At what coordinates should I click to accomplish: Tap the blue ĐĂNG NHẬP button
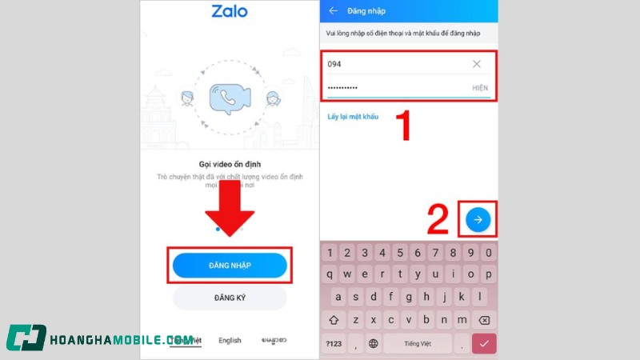pyautogui.click(x=230, y=265)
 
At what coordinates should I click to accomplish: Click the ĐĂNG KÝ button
pyautogui.click(x=230, y=298)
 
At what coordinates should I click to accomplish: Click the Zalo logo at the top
pyautogui.click(x=230, y=12)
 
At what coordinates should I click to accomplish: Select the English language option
pyautogui.click(x=230, y=340)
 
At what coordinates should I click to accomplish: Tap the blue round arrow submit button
pyautogui.click(x=478, y=218)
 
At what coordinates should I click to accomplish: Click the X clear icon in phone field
pyautogui.click(x=477, y=64)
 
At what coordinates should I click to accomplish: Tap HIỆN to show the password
pyautogui.click(x=479, y=87)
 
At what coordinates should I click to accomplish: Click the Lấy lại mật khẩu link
pyautogui.click(x=353, y=117)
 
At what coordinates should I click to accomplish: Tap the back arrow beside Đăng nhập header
pyautogui.click(x=333, y=11)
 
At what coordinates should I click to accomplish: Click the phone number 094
pyautogui.click(x=335, y=64)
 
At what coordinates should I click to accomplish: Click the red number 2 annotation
pyautogui.click(x=438, y=220)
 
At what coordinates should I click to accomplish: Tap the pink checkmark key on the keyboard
pyautogui.click(x=483, y=344)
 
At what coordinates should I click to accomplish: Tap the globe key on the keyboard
pyautogui.click(x=373, y=344)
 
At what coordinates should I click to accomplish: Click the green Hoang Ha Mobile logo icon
pyautogui.click(x=26, y=338)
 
